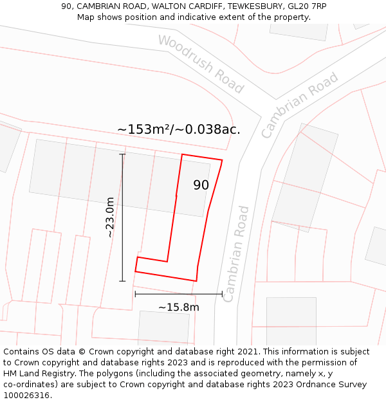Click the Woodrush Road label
[201, 64]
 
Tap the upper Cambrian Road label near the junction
[299, 105]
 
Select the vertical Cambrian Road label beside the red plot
[235, 253]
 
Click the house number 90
[201, 185]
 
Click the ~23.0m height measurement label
[110, 217]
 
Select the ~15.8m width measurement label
[178, 307]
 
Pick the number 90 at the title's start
[66, 6]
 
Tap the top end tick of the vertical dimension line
[122, 154]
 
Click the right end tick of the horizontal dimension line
[222, 294]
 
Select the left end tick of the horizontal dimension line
[135, 294]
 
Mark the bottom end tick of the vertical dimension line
[122, 281]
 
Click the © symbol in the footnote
[82, 352]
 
